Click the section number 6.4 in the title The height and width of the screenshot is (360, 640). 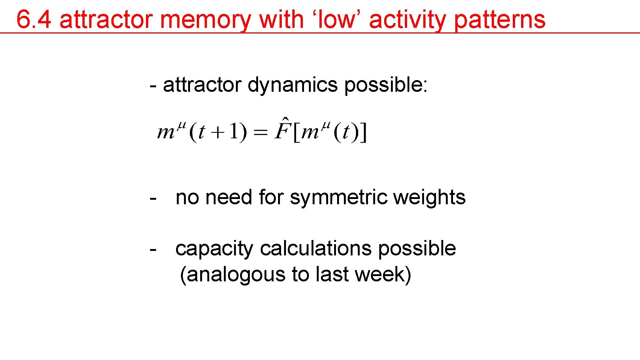pyautogui.click(x=33, y=19)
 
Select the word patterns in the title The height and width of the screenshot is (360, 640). pyautogui.click(x=500, y=19)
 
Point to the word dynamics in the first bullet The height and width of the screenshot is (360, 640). pyautogui.click(x=292, y=85)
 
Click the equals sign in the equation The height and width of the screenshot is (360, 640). pyautogui.click(x=260, y=132)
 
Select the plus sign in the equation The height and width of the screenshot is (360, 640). pyautogui.click(x=217, y=133)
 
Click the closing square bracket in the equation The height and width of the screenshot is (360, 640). pyautogui.click(x=363, y=132)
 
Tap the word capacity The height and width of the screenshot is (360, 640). pyautogui.click(x=214, y=249)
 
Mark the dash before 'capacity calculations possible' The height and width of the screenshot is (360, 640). pyautogui.click(x=153, y=249)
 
